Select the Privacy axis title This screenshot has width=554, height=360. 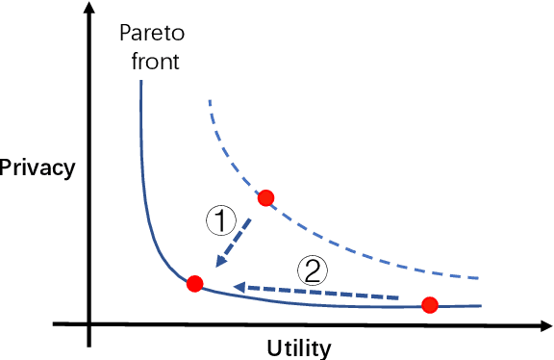coord(37,167)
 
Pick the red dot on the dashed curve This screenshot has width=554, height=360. coord(266,198)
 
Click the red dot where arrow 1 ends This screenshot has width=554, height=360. coord(194,283)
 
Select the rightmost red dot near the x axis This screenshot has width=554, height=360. coord(430,305)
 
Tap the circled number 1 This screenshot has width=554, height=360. coord(222,221)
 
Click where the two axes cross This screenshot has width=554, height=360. coord(88,321)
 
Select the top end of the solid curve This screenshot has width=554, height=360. coord(141,82)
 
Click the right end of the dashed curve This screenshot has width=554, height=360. coord(478,277)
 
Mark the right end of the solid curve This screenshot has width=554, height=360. coord(479,306)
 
